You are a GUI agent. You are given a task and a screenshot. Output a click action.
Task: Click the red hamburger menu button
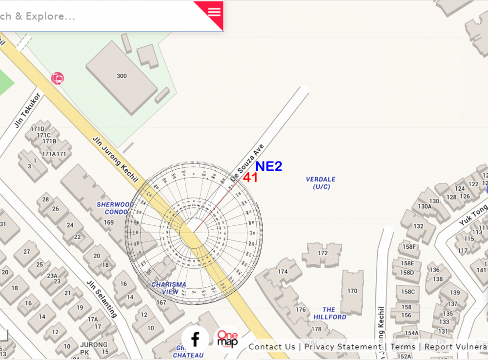pyautogui.click(x=214, y=12)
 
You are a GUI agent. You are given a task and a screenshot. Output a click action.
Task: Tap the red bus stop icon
pyautogui.click(x=57, y=78)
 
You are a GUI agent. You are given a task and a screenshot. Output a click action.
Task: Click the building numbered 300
pyautogui.click(x=122, y=76)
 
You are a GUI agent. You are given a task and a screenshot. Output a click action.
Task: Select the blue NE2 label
pyautogui.click(x=269, y=166)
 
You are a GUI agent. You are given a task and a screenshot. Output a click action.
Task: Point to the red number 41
pyautogui.click(x=250, y=178)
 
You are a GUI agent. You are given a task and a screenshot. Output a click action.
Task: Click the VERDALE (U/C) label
pyautogui.click(x=321, y=183)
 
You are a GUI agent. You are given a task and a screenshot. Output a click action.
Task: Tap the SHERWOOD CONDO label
pyautogui.click(x=114, y=208)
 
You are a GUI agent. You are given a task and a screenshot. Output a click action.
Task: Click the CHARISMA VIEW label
pyautogui.click(x=169, y=288)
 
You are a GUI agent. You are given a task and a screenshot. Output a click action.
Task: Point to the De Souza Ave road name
pyautogui.click(x=247, y=161)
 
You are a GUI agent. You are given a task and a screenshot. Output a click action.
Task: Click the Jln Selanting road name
pyautogui.click(x=102, y=299)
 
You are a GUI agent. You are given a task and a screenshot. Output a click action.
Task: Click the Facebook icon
pyautogui.click(x=195, y=339)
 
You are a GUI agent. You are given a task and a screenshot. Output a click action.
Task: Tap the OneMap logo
pyautogui.click(x=227, y=340)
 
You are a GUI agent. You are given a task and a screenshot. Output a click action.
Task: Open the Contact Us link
pyautogui.click(x=272, y=347)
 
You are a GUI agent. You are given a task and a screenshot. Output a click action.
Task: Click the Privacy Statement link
pyautogui.click(x=343, y=347)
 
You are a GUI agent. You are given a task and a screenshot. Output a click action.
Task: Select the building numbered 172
pyautogui.click(x=323, y=253)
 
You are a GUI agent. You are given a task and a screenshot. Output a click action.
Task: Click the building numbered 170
pyautogui.click(x=352, y=291)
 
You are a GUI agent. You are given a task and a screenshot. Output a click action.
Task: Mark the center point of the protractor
pyautogui.click(x=194, y=233)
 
